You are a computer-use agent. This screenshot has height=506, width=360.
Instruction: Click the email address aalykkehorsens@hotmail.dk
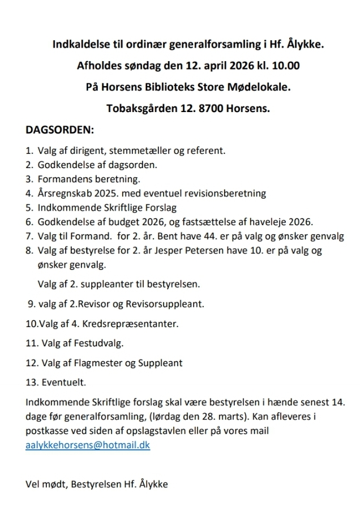pyautogui.click(x=88, y=445)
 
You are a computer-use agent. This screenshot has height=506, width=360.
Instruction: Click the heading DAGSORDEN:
pyautogui.click(x=59, y=130)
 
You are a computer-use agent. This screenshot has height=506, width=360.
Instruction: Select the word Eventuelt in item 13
pyautogui.click(x=64, y=383)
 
